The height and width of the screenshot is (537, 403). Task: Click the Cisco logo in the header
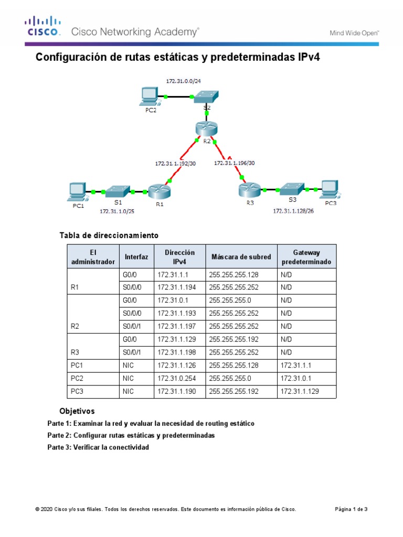pyautogui.click(x=44, y=26)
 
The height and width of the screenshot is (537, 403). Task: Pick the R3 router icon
pyautogui.click(x=249, y=189)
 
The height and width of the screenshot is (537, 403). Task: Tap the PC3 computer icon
pyautogui.click(x=330, y=189)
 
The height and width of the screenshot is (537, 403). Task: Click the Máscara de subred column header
pyautogui.click(x=241, y=256)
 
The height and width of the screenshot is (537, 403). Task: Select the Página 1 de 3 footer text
pyautogui.click(x=351, y=509)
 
